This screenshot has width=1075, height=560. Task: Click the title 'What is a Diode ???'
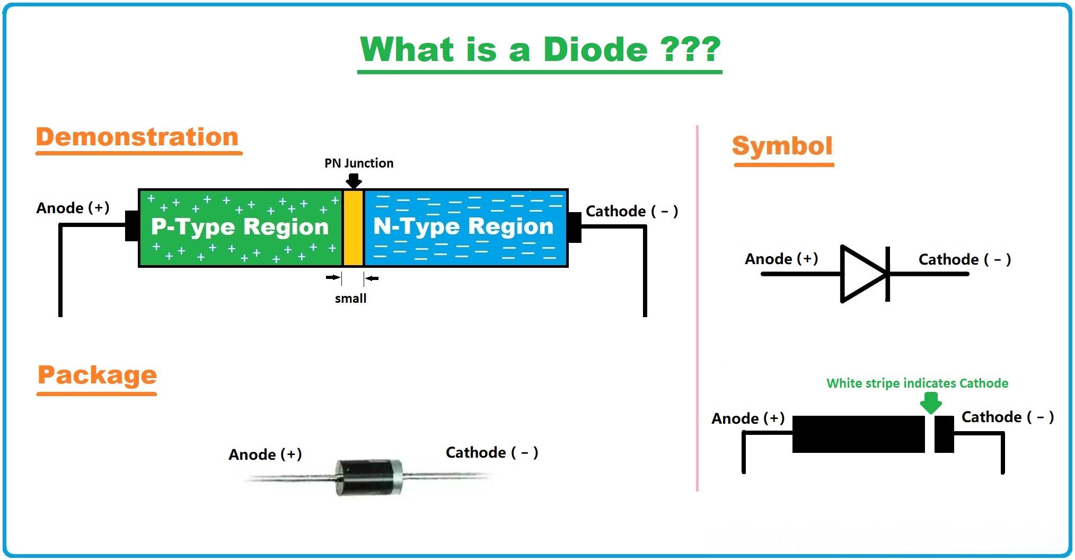(x=540, y=50)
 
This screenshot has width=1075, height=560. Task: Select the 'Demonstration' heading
(x=137, y=137)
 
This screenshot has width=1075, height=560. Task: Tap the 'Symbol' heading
(x=782, y=146)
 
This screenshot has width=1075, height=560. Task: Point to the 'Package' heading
(x=97, y=375)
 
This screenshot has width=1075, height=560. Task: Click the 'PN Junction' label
(x=359, y=163)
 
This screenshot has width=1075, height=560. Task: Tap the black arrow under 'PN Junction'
(x=354, y=181)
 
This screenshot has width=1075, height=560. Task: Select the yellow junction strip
(x=353, y=228)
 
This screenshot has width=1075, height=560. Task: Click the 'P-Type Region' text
(x=240, y=227)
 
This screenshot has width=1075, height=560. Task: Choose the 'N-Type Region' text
(x=463, y=226)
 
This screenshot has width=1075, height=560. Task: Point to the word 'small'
(x=350, y=299)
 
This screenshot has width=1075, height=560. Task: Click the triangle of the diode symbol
(x=861, y=274)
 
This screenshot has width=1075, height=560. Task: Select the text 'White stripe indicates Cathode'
(x=917, y=383)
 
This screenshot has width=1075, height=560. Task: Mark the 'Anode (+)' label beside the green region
(x=73, y=208)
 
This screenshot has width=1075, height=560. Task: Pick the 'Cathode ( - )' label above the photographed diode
(x=492, y=452)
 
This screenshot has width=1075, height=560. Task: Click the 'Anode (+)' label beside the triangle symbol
(x=781, y=259)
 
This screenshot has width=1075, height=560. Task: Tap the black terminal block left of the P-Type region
(x=132, y=226)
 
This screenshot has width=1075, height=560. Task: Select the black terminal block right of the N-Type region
(x=575, y=227)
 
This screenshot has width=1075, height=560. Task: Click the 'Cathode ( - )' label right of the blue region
(x=632, y=211)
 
